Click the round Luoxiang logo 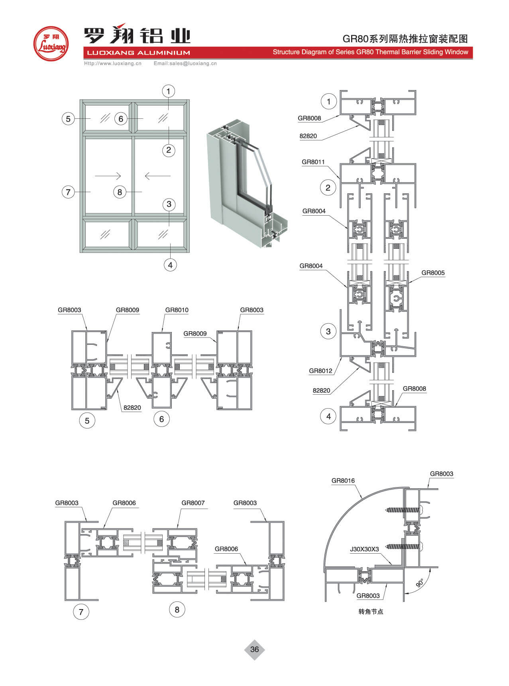tap(51, 43)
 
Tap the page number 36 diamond tap(254, 649)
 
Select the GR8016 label tap(343, 481)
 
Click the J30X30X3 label tap(364, 549)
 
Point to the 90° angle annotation tap(420, 583)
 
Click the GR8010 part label tap(177, 310)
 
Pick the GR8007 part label tap(193, 503)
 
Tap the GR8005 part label tap(433, 273)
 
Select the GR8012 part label tap(320, 371)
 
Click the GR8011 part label tap(313, 162)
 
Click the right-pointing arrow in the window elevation tap(108, 175)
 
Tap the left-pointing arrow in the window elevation tap(157, 175)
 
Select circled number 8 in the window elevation tap(120, 192)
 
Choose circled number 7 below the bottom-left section tap(81, 612)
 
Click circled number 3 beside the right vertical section tap(328, 331)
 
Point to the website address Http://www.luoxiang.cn tap(113, 63)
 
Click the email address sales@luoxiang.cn tap(185, 63)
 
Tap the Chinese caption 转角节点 tap(371, 612)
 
